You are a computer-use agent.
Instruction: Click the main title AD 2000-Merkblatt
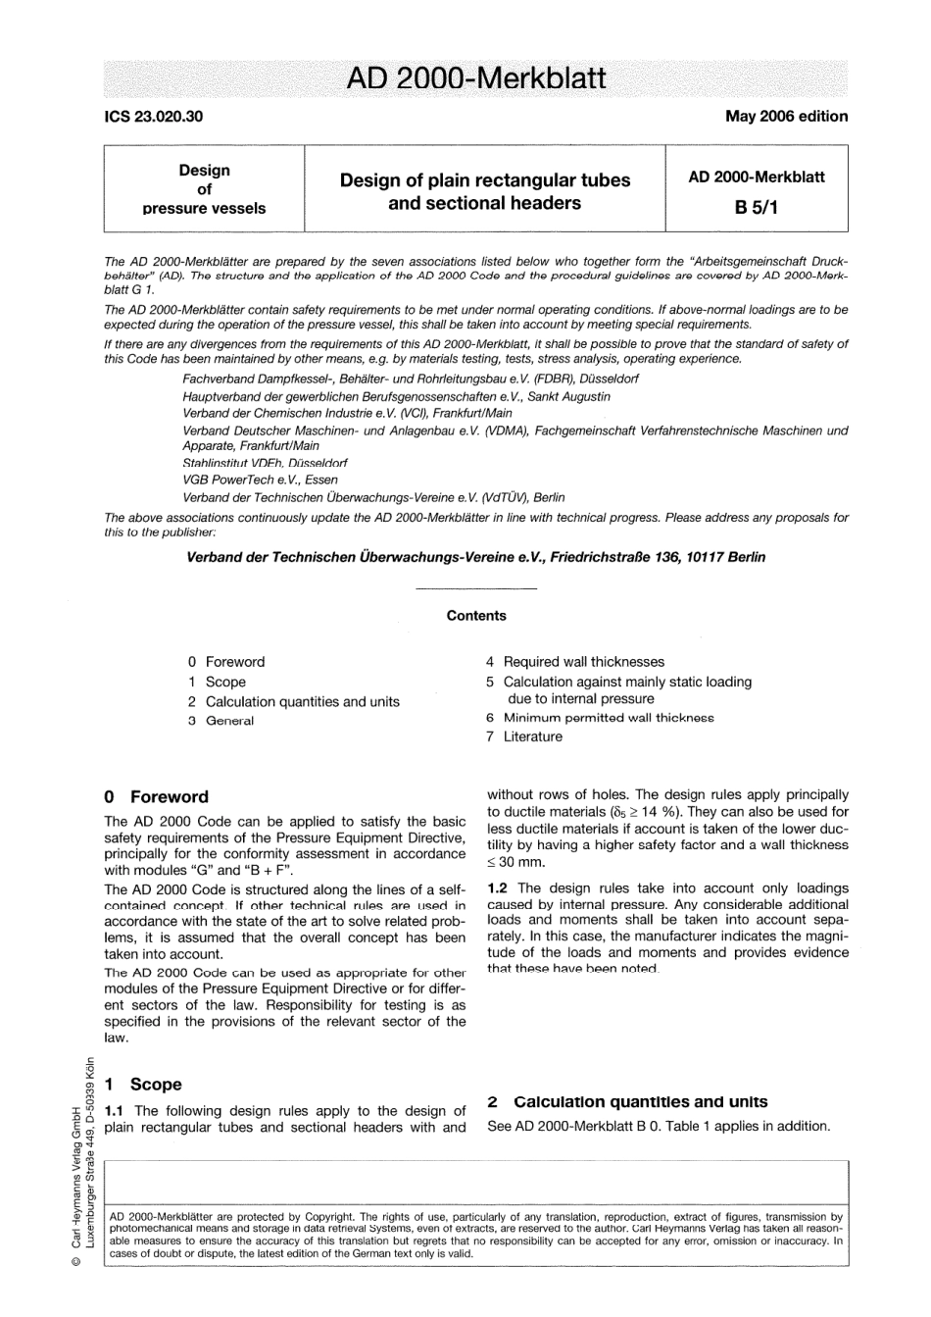(476, 77)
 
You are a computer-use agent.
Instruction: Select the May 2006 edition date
(786, 116)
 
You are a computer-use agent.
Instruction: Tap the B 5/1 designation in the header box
(756, 207)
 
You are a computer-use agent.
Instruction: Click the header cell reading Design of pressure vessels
(204, 188)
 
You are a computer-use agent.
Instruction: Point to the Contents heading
(476, 616)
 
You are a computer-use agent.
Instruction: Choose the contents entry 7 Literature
(524, 736)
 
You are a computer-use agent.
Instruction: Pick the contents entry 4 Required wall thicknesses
(575, 662)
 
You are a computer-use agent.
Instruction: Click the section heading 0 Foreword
(157, 796)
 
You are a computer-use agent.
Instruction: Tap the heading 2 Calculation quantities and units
(627, 1101)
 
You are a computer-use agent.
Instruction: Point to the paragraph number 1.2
(499, 887)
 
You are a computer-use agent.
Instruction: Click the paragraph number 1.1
(115, 1111)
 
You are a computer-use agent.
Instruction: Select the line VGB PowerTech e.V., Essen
(260, 480)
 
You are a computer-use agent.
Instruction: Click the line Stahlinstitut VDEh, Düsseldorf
(265, 462)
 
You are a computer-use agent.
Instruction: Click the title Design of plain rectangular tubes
(484, 179)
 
